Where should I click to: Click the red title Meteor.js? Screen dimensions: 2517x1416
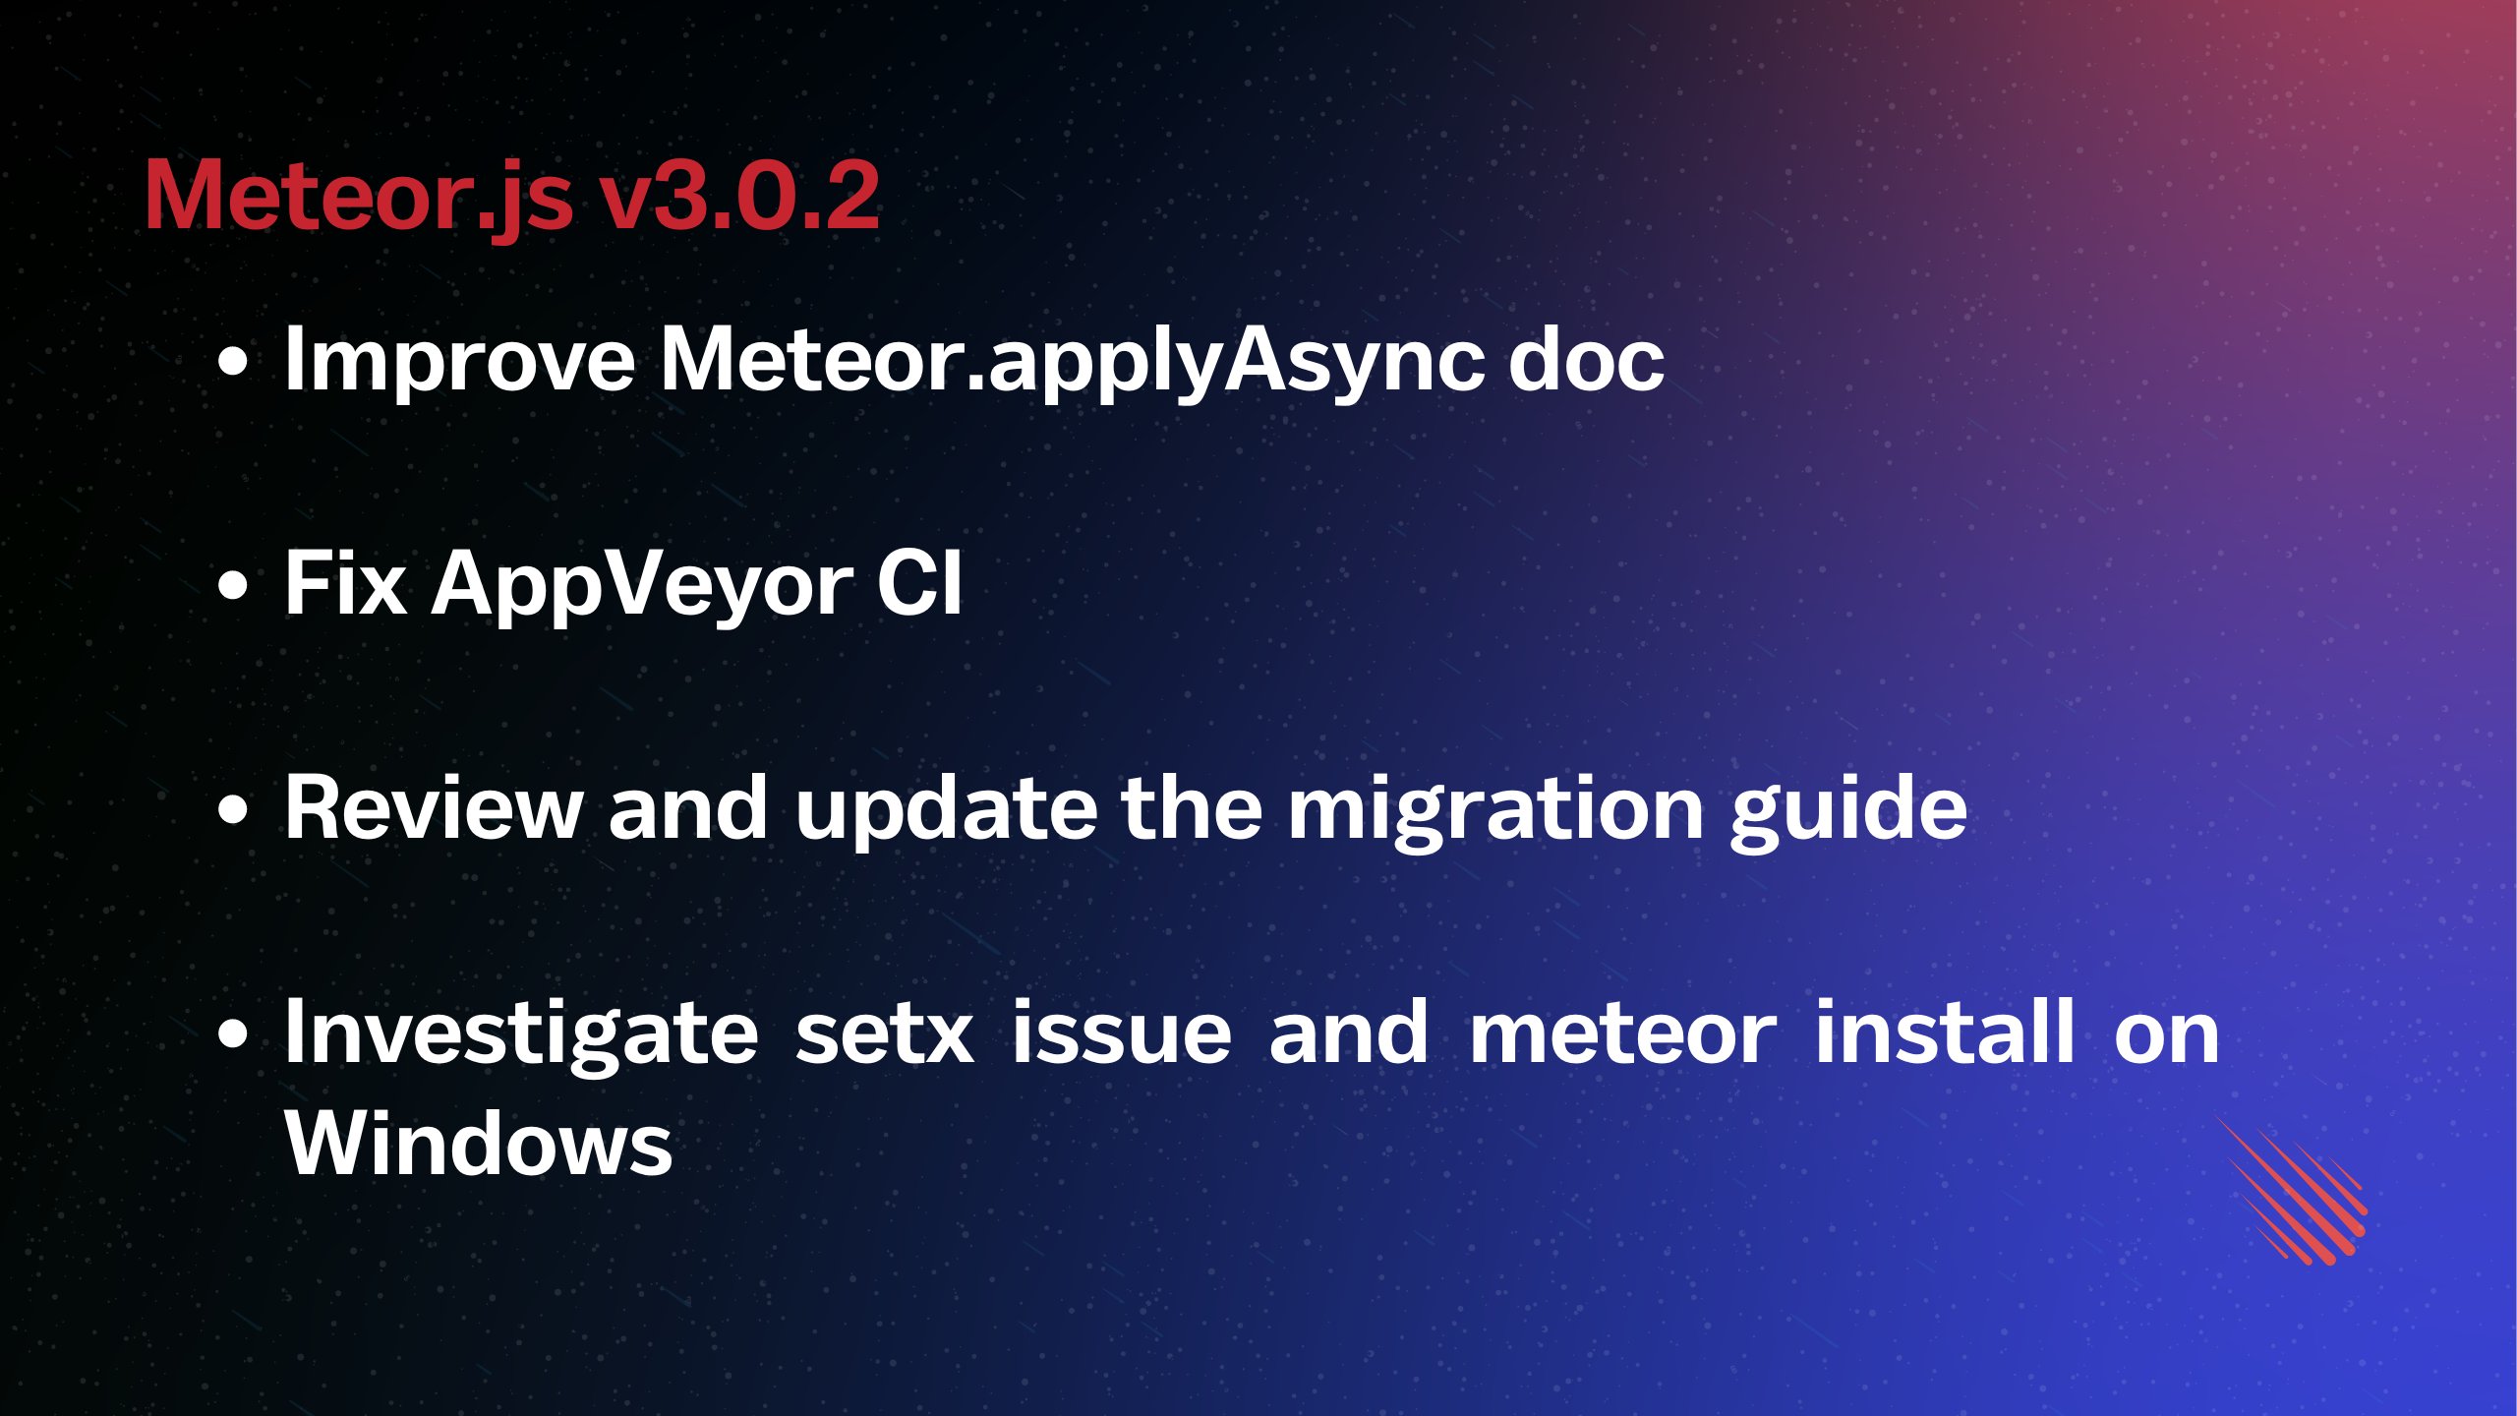359,198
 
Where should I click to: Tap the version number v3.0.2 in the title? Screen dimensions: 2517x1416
740,196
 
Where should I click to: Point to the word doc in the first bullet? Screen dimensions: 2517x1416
1586,359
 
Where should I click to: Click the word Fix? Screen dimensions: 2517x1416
345,583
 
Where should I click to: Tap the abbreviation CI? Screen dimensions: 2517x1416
919,583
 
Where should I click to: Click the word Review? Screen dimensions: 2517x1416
434,806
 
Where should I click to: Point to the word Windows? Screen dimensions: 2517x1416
479,1143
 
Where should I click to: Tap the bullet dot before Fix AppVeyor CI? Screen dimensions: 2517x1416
233,586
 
